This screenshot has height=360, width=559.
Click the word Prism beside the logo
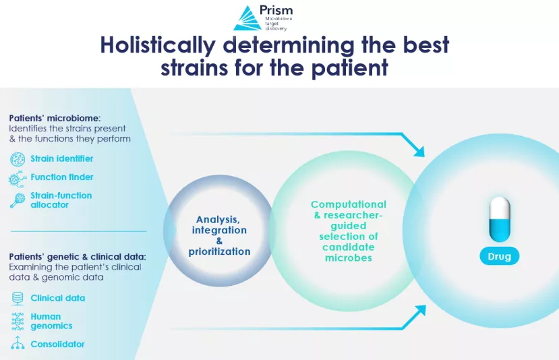coord(276,10)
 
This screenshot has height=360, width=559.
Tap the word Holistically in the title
coord(158,46)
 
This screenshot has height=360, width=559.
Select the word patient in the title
coord(350,67)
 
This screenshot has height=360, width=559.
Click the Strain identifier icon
coord(18,159)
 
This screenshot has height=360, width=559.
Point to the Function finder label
coord(61,177)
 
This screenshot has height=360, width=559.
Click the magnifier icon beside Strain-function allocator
coord(18,200)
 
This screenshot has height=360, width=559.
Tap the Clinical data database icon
coord(18,299)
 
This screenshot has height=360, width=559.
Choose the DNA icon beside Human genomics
coord(18,321)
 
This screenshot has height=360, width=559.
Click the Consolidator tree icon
coord(18,343)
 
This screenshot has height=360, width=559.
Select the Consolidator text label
coord(57,344)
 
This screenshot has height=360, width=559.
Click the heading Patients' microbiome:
coord(55,118)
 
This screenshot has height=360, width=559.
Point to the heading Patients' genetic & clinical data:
coord(78,257)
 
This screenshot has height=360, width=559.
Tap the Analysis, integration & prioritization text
coord(219,235)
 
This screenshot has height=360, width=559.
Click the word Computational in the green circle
coord(349,204)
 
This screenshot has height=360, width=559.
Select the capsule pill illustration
coord(500,220)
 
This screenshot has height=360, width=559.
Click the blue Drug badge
coord(500,256)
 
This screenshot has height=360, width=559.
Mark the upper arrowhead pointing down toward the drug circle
coord(419,152)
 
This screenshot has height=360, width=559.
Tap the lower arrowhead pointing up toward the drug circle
coord(420,311)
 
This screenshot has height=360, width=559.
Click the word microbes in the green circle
coord(349,258)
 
